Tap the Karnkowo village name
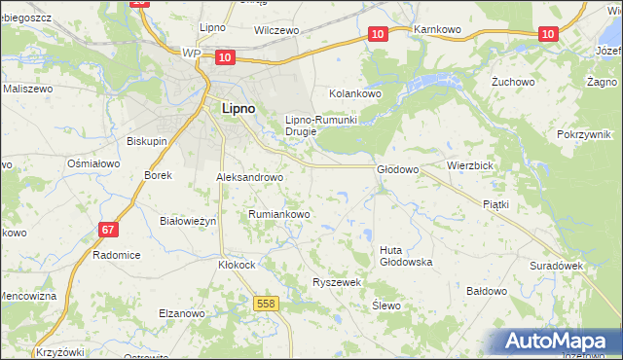tap(436, 30)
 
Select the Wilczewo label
tap(275, 31)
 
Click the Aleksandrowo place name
tap(249, 178)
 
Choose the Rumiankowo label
tap(279, 214)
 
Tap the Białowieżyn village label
tap(187, 221)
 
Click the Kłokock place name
tap(237, 264)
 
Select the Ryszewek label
tap(337, 282)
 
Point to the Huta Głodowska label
tap(405, 256)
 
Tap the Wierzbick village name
tap(471, 166)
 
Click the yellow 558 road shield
tap(266, 305)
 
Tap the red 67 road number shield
tap(109, 230)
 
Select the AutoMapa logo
tap(554, 342)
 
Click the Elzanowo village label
tap(182, 313)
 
